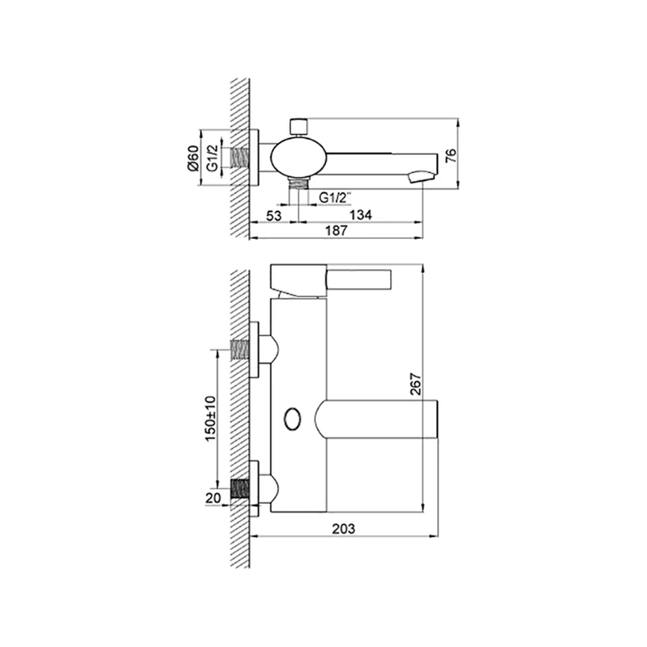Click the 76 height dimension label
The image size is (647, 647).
[x=452, y=155]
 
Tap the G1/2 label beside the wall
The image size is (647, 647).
[x=212, y=158]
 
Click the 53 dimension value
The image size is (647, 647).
[x=274, y=215]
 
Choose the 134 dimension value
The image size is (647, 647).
[x=360, y=215]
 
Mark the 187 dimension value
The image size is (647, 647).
[x=336, y=230]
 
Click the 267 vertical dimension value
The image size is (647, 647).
[x=416, y=384]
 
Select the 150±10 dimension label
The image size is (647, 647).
[x=210, y=419]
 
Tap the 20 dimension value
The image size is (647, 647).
[x=213, y=498]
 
